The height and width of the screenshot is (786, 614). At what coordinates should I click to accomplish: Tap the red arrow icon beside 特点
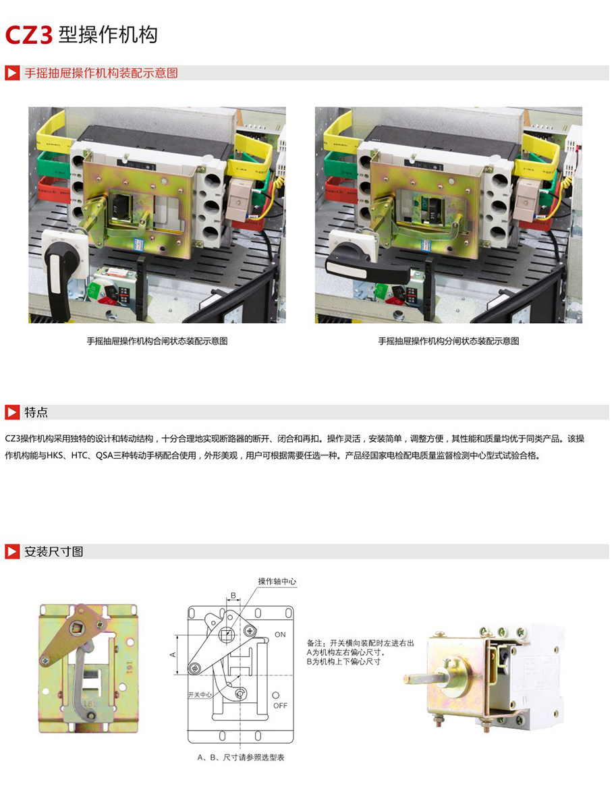pos(12,412)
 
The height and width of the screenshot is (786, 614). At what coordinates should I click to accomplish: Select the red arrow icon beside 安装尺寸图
pos(12,552)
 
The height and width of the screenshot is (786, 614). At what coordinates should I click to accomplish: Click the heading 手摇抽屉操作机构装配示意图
pos(101,73)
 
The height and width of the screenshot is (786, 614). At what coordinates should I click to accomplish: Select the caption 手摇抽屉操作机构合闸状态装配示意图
pos(157,341)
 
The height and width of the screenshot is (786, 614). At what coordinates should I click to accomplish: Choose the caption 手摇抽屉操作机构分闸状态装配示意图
pos(449,341)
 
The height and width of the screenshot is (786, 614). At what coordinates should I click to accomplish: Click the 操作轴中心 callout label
pos(277,581)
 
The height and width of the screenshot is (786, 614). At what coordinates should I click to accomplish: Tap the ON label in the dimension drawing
pos(280,635)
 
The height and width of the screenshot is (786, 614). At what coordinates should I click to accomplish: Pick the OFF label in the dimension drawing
pos(281,705)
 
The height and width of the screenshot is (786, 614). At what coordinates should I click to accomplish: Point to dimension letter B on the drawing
pos(233,596)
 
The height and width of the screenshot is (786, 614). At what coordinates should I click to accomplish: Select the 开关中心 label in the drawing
pos(200,694)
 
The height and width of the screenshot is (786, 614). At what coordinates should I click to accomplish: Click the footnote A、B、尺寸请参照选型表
pos(241,758)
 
